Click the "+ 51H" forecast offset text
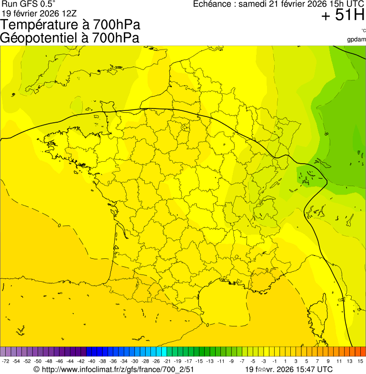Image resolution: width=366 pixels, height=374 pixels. tap(343, 16)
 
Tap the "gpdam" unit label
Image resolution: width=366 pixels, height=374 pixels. tap(356, 39)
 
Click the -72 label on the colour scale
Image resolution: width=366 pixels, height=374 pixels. tap(6, 362)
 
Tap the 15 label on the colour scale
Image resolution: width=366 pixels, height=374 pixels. tap(361, 362)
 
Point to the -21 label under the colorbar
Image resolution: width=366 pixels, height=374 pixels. tap(167, 362)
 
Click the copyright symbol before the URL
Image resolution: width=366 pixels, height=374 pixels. tap(37, 369)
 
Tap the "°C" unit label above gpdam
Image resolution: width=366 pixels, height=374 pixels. tap(363, 31)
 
